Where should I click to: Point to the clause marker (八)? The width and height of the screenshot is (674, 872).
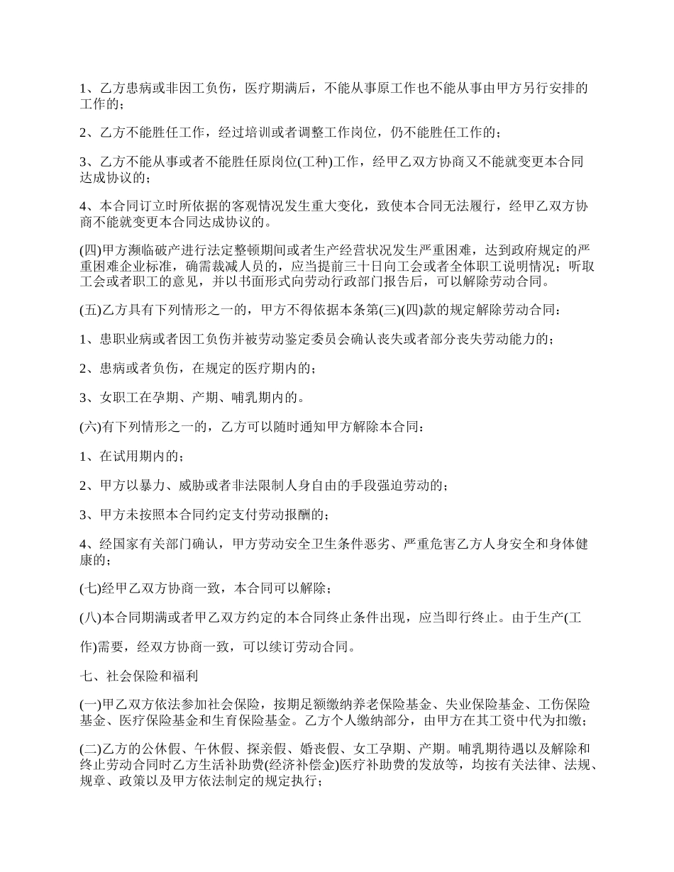(x=89, y=617)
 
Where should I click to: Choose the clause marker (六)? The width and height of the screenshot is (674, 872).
(x=89, y=427)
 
